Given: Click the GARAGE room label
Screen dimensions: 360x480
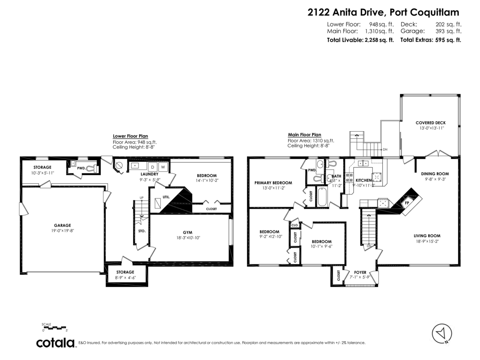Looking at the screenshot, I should [62, 225].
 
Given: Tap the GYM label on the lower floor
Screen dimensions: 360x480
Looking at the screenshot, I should [188, 232].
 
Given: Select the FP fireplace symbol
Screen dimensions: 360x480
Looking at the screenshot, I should [407, 202].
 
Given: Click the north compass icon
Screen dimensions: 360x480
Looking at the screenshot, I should [442, 333].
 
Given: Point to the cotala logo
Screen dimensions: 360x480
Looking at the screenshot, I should [56, 343].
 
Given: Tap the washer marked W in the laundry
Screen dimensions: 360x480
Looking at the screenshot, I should [163, 166].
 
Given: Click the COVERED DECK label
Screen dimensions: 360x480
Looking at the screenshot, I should [430, 123].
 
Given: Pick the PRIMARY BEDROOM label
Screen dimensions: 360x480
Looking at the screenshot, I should [273, 183].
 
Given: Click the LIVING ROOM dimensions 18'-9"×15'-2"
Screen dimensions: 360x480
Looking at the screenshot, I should [430, 241].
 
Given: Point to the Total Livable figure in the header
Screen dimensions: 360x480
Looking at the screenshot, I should [360, 40].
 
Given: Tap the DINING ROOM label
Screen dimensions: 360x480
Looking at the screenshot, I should [435, 174].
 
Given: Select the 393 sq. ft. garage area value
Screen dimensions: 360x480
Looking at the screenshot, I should [448, 31].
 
